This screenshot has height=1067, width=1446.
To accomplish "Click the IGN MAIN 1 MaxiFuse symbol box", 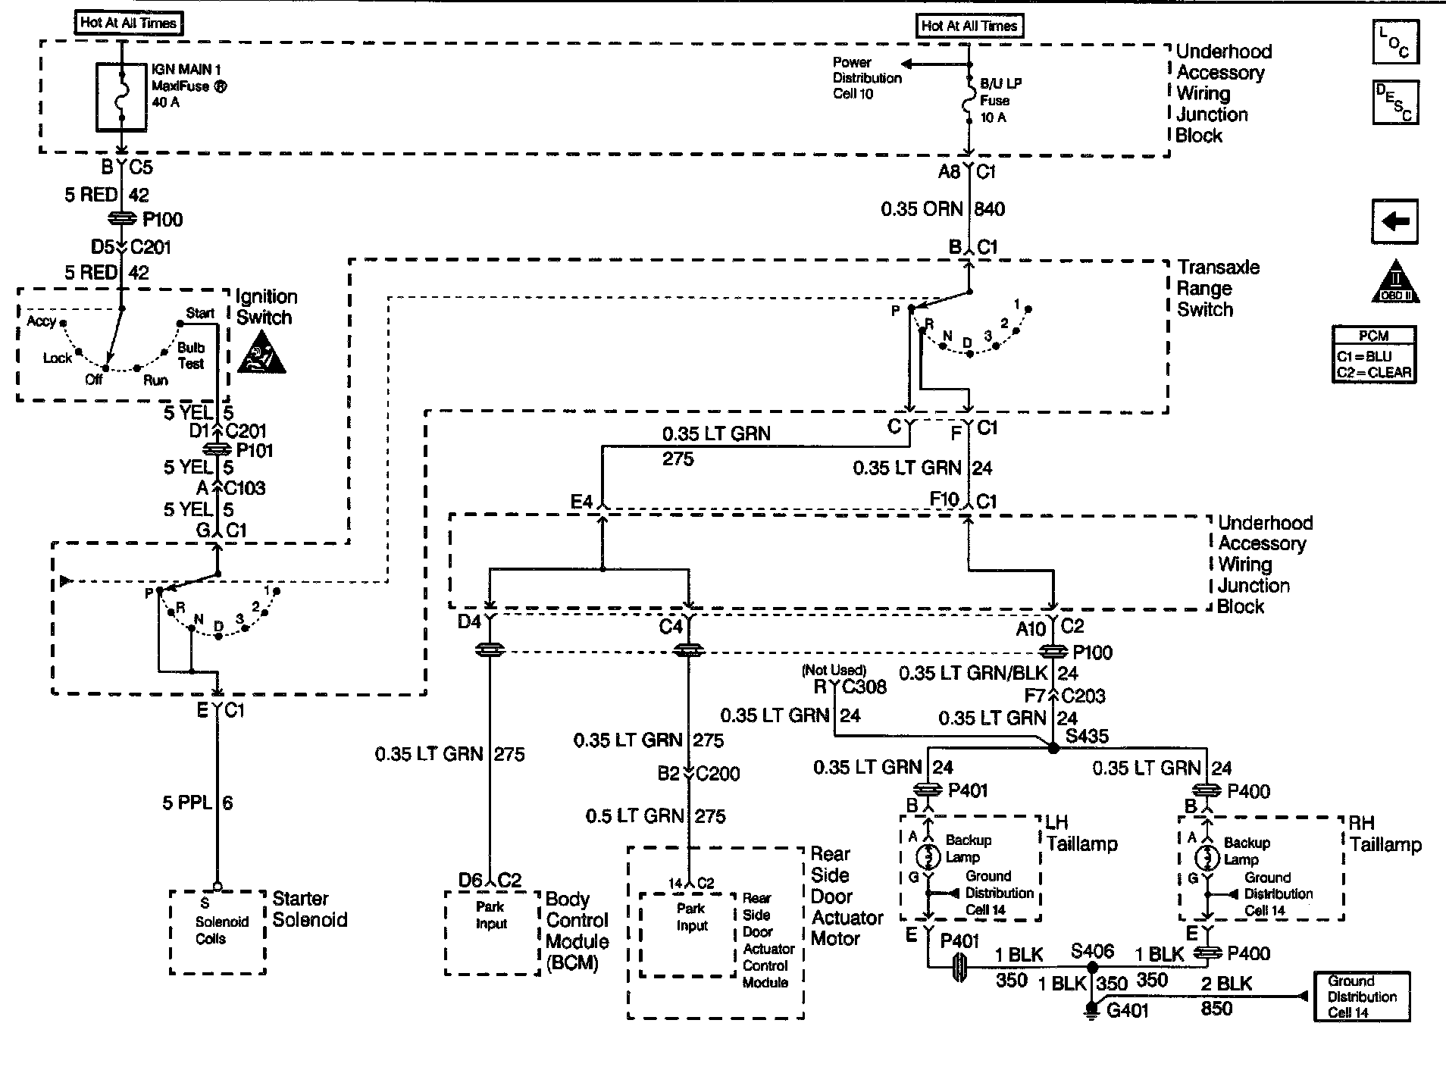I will pyautogui.click(x=121, y=97).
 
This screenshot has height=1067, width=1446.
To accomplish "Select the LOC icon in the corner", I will pyautogui.click(x=1394, y=42).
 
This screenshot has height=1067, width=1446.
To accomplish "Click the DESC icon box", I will pyautogui.click(x=1394, y=102).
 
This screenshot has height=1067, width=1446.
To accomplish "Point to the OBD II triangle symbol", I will pyautogui.click(x=1395, y=283).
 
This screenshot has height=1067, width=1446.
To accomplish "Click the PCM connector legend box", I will pyautogui.click(x=1373, y=355).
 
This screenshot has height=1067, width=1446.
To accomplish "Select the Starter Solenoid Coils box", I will pyautogui.click(x=218, y=931).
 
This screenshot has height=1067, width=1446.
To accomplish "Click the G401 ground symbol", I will pyautogui.click(x=1091, y=1010).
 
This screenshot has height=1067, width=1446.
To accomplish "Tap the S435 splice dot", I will pyautogui.click(x=1053, y=748).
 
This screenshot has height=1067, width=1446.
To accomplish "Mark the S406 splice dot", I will pyautogui.click(x=1092, y=968).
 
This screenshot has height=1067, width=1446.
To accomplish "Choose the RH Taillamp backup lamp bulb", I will pyautogui.click(x=1207, y=859).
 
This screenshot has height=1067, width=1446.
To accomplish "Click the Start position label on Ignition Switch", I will pyautogui.click(x=200, y=313).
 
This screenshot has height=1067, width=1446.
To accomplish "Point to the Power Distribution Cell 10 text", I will pyautogui.click(x=866, y=78).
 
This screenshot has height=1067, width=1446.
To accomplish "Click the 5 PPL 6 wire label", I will pyautogui.click(x=197, y=803).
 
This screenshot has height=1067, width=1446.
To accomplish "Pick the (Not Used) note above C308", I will pyautogui.click(x=834, y=670).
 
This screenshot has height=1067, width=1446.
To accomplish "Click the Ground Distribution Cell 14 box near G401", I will pyautogui.click(x=1361, y=997).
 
